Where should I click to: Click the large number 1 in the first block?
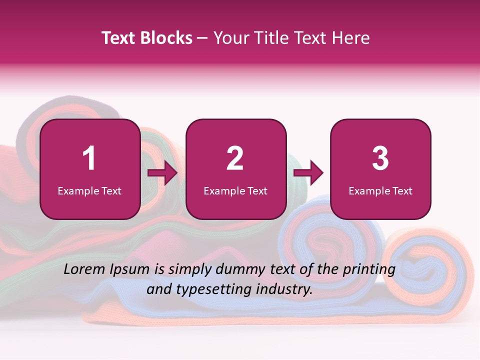89,158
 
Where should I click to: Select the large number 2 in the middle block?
235,158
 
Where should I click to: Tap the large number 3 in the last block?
380,158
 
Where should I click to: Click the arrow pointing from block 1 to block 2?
162,173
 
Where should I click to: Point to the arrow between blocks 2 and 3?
308,173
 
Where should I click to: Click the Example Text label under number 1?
89,190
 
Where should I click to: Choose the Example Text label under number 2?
235,190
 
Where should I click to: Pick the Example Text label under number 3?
380,190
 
